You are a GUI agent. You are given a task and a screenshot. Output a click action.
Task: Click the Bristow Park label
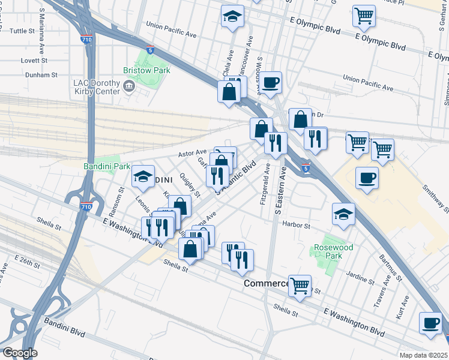click(x=147, y=70)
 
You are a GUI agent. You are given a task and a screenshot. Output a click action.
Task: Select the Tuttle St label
click(x=23, y=31)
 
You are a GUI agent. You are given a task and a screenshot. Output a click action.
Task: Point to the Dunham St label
click(x=41, y=75)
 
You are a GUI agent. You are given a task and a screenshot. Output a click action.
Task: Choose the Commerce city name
click(x=266, y=283)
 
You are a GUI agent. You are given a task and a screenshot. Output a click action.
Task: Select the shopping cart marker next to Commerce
click(x=300, y=286)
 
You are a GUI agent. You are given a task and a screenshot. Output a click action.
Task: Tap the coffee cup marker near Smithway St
click(x=367, y=178)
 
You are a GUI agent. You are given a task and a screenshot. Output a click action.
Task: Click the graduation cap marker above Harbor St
click(x=343, y=214)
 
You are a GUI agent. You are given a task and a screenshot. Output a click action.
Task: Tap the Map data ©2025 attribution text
click(x=423, y=355)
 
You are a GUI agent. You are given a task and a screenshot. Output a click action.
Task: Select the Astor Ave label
click(x=191, y=152)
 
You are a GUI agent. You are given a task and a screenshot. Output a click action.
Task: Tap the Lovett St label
click(x=34, y=61)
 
